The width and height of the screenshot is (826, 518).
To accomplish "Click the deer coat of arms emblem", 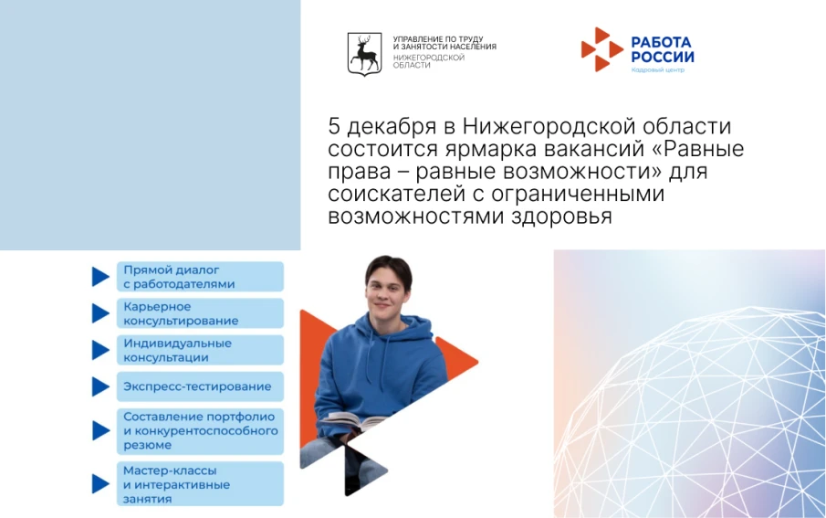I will pos(364,54).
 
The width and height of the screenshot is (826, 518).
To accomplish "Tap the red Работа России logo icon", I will pos(601,49).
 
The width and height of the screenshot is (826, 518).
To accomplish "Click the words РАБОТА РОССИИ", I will pos(662,49).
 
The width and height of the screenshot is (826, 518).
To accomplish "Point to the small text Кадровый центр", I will pos(655,70).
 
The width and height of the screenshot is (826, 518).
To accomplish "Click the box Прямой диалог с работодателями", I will pos(199,277).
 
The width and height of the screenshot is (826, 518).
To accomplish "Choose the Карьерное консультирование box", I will pos(199,313).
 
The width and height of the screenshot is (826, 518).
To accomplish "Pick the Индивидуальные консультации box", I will pos(199,350).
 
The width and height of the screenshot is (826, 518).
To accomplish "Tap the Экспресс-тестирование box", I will pos(199,386).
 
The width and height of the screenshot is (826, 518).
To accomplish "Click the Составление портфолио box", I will pos(199,429).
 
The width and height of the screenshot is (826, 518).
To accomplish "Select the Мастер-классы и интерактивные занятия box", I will pos(199,484).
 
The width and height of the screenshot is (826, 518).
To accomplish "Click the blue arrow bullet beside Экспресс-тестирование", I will pos(99,386).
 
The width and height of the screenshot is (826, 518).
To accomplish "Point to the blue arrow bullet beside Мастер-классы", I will pos(99,484).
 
